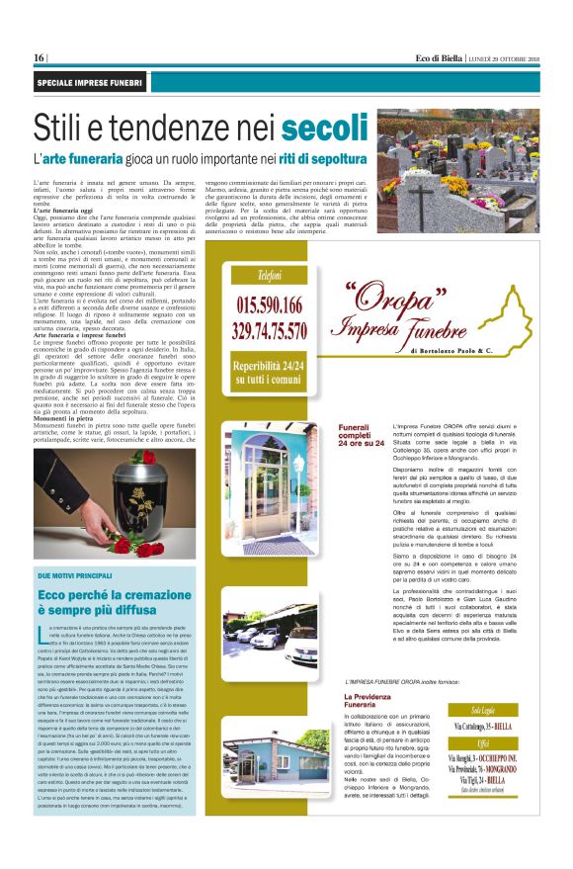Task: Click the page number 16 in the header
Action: pos(39,57)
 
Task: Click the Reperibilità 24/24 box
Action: pos(268,372)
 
